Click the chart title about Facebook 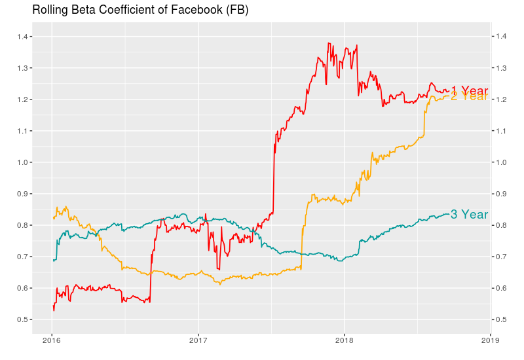click(x=140, y=10)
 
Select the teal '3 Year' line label click(x=470, y=215)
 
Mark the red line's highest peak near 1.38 click(x=328, y=43)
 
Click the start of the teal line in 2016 click(x=53, y=261)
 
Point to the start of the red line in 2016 click(x=53, y=306)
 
